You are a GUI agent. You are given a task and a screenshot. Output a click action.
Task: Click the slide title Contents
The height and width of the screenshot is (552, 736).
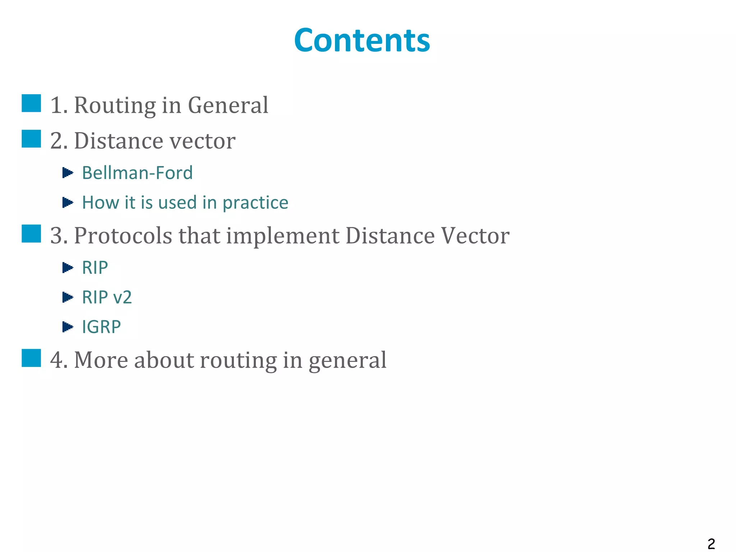click(362, 40)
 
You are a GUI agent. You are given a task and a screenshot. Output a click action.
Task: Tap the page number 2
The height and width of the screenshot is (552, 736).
click(711, 544)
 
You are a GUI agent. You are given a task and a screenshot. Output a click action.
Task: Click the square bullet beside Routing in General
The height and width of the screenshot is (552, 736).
click(31, 103)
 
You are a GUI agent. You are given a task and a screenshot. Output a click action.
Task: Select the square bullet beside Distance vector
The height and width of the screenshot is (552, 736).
click(31, 139)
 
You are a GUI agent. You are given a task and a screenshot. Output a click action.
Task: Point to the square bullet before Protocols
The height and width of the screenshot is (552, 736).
click(31, 234)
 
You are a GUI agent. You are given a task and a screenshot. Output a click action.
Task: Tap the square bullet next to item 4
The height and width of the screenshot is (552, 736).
click(31, 358)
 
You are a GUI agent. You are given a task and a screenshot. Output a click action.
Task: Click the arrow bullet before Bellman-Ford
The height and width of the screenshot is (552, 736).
click(68, 173)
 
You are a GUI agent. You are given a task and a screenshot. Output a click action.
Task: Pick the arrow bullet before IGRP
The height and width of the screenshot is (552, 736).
click(68, 327)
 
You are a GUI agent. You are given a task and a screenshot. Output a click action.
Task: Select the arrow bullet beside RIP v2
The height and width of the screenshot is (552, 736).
click(68, 297)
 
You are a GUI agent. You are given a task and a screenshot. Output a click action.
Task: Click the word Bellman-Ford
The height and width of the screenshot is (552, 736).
click(137, 173)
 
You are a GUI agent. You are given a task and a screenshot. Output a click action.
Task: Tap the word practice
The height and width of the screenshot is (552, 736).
click(255, 203)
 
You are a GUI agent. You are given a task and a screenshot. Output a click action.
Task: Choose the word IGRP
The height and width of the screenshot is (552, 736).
click(101, 327)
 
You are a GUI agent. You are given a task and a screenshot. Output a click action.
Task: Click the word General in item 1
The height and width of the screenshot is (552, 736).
click(228, 105)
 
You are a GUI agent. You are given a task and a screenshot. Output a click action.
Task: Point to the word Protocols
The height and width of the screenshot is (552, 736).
click(123, 236)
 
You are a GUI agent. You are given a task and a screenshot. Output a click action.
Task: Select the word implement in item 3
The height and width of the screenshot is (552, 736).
click(282, 236)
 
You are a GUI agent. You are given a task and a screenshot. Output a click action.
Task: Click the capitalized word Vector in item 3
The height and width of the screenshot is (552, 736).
click(475, 236)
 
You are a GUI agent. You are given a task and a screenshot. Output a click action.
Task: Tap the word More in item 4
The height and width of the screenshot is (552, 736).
click(101, 360)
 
